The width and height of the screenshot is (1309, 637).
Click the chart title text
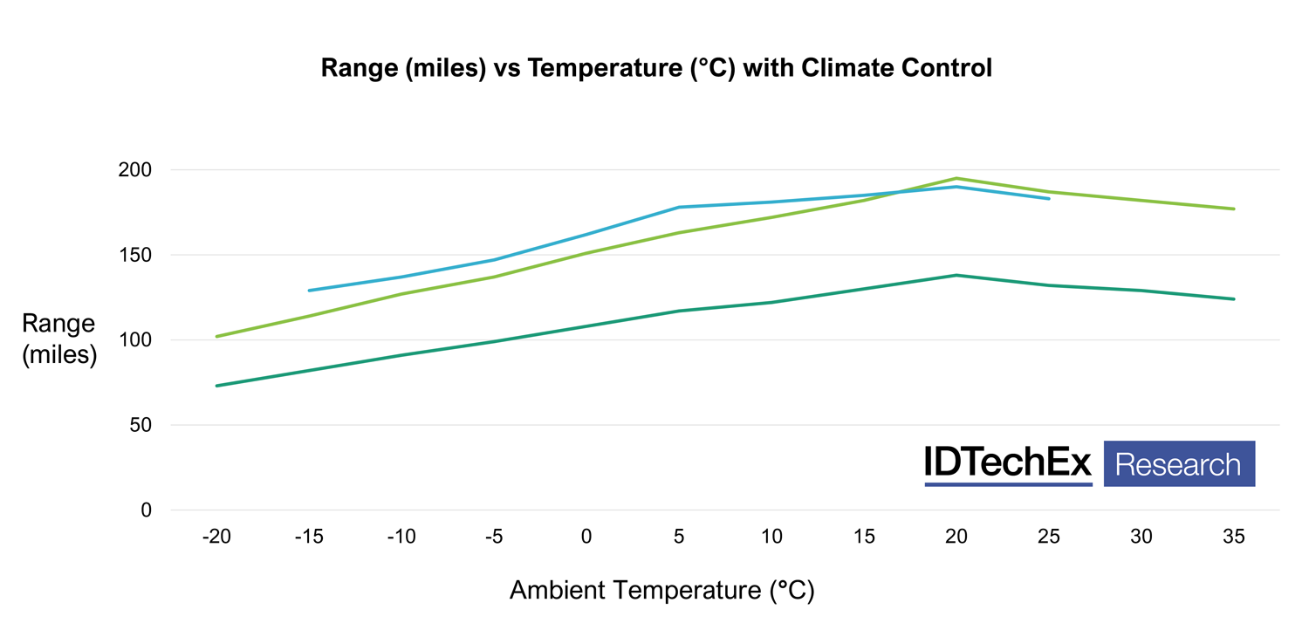tap(656, 68)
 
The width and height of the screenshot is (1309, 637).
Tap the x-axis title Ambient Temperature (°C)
tap(661, 591)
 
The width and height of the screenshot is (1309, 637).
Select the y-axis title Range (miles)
tap(59, 339)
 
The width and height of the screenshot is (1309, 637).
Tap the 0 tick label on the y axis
tap(146, 510)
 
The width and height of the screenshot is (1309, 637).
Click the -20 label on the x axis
tap(216, 538)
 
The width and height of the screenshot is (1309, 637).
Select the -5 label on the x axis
tap(494, 538)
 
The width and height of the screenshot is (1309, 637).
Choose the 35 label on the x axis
tap(1233, 538)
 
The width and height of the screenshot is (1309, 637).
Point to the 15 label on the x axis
tap(864, 538)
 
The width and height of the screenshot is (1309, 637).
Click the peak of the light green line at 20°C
tap(956, 178)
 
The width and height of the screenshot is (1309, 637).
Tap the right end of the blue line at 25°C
tap(1049, 199)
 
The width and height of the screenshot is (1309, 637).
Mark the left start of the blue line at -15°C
tap(309, 291)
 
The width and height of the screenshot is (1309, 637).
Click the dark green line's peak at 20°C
tap(956, 275)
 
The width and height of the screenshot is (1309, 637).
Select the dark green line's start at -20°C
tap(216, 386)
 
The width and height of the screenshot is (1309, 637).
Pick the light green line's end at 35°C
tap(1234, 209)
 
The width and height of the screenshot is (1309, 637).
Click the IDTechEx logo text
tap(1008, 463)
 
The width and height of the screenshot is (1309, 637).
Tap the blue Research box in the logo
tap(1179, 463)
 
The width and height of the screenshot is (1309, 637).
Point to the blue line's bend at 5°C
tap(679, 207)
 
